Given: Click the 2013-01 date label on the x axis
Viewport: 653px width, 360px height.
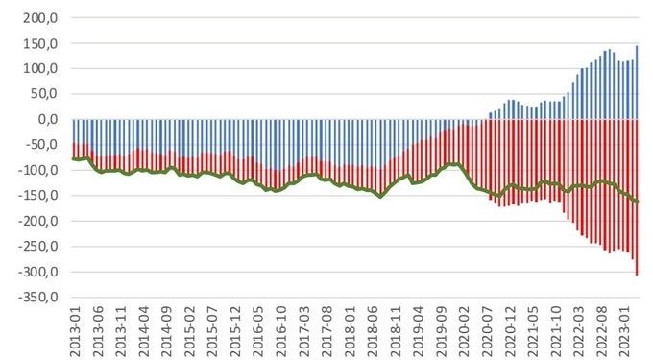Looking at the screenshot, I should pyautogui.click(x=76, y=331).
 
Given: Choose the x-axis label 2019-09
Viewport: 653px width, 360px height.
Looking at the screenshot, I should pyautogui.click(x=439, y=331).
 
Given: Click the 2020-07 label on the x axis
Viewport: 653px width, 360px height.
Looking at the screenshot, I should pyautogui.click(x=485, y=331).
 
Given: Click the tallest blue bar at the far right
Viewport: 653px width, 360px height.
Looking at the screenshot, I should pyautogui.click(x=637, y=83).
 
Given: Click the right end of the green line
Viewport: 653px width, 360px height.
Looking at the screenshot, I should pyautogui.click(x=637, y=202).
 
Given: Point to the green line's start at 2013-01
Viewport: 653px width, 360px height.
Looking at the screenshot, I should pyautogui.click(x=74, y=158).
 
